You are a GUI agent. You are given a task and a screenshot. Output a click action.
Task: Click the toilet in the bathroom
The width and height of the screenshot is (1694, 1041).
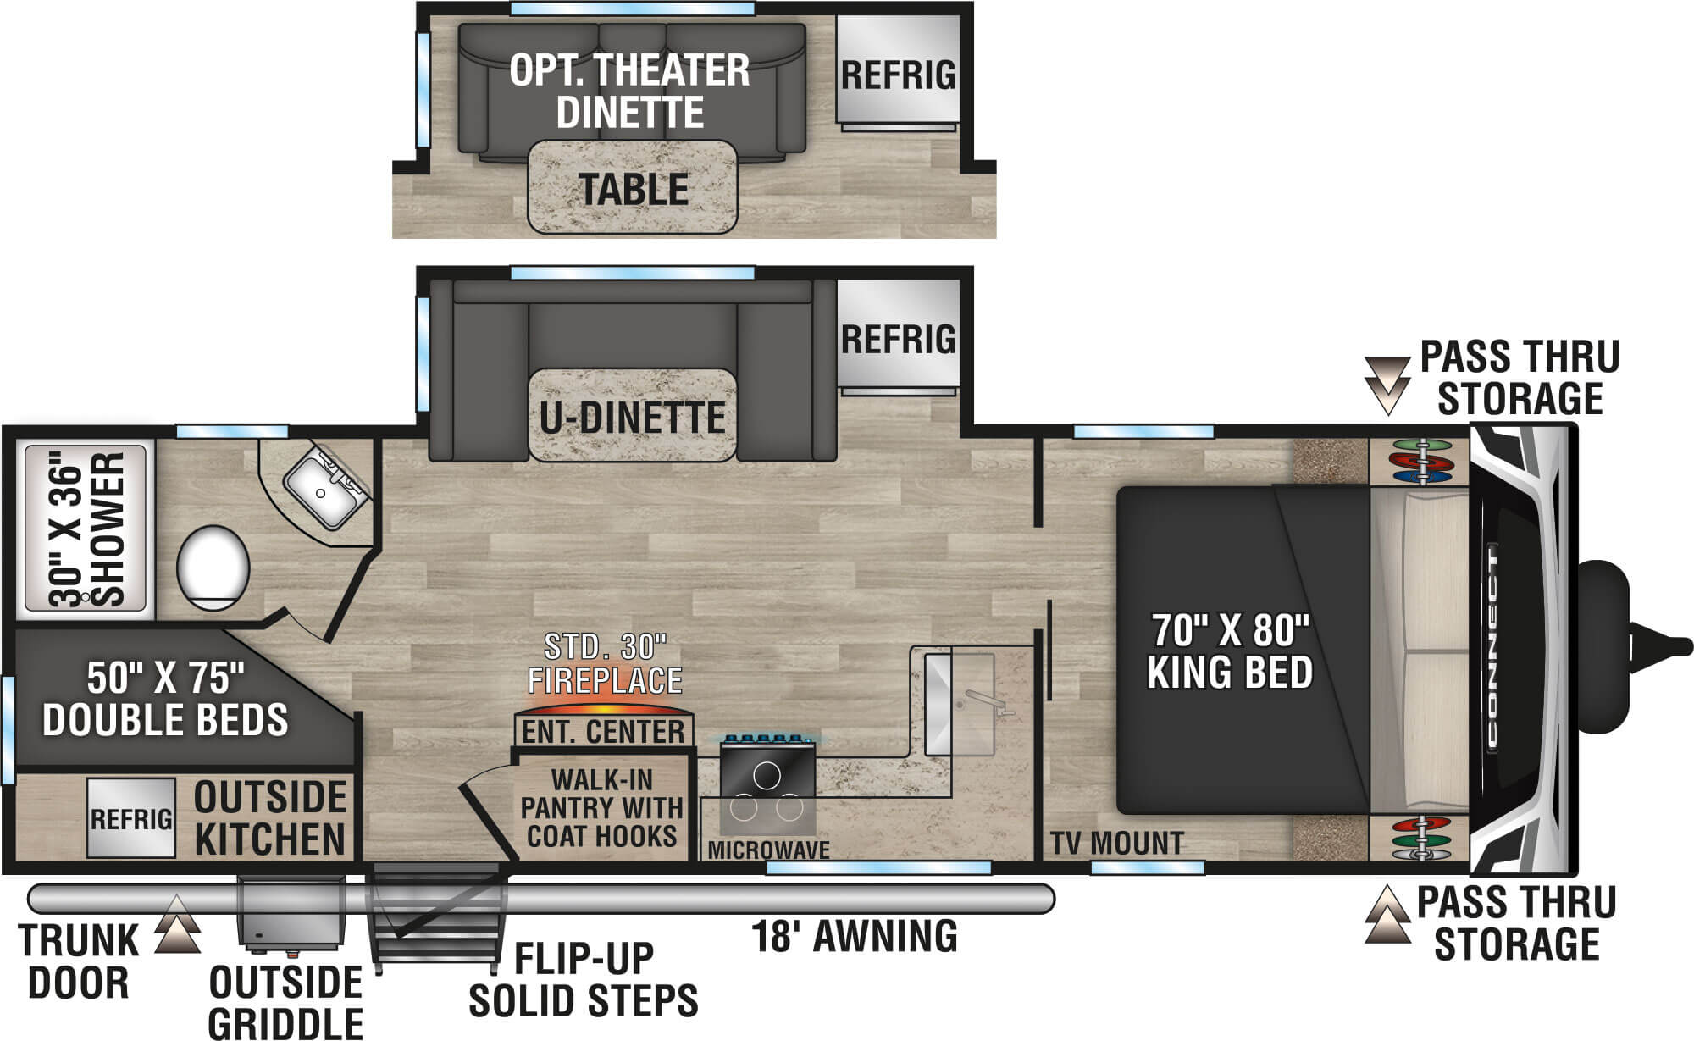(x=213, y=568)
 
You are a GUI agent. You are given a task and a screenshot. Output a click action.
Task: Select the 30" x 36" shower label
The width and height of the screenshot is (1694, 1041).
(x=86, y=530)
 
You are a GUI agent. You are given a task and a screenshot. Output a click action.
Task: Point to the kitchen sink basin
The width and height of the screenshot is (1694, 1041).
(x=958, y=703)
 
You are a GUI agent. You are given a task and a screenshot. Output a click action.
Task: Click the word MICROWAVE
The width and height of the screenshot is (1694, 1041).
(x=768, y=850)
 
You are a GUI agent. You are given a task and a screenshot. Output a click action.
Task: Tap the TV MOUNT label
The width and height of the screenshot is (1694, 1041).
(x=1117, y=844)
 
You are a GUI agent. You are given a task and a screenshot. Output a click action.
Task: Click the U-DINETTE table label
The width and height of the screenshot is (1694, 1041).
(x=633, y=418)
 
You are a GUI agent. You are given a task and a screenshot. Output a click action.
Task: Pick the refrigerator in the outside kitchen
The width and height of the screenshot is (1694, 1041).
(x=131, y=818)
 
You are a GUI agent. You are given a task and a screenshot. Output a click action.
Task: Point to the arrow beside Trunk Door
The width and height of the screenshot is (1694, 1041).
(x=177, y=924)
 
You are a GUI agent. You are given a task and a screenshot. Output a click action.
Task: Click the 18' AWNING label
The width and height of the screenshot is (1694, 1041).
(x=855, y=936)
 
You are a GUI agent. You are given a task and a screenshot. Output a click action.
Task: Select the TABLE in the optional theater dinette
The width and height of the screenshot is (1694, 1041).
(x=633, y=187)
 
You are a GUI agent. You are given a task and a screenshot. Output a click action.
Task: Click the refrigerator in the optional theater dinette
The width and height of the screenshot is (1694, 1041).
(x=899, y=73)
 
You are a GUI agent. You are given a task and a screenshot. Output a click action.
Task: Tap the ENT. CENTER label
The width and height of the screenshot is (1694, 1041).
(x=603, y=732)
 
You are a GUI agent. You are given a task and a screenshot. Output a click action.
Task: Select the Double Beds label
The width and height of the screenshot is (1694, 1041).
(x=166, y=699)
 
